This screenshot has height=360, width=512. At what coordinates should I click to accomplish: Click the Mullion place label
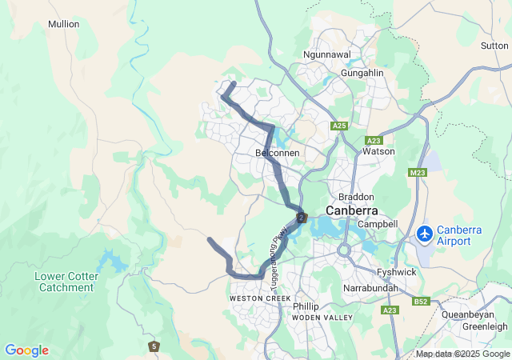(x=64, y=24)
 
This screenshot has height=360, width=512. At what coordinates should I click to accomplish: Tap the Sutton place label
(x=494, y=46)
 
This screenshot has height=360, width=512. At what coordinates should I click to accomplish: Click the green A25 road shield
(x=339, y=126)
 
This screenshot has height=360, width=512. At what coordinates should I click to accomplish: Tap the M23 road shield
(x=417, y=173)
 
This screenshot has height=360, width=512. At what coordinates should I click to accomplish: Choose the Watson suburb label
(x=378, y=150)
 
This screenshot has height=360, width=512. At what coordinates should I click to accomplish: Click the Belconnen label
(x=277, y=152)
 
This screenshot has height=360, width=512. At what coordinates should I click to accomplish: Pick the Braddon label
(x=356, y=196)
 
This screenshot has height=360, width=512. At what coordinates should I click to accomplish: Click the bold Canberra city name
(x=351, y=210)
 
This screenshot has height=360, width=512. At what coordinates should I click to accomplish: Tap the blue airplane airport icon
(x=424, y=234)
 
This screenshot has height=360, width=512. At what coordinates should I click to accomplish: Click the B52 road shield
(x=422, y=302)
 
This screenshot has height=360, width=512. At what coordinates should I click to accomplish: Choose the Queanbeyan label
(x=474, y=314)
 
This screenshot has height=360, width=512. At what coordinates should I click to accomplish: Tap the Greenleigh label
(x=485, y=326)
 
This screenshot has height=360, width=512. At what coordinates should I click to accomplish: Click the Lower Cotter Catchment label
(x=66, y=282)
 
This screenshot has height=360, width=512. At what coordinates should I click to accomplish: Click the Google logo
(x=26, y=350)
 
